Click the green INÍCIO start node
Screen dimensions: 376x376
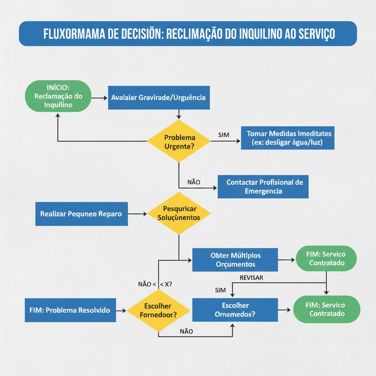58,96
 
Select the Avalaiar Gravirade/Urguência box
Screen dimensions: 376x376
159,98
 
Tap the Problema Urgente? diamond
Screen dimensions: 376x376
179,142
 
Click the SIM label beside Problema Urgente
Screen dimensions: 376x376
224,135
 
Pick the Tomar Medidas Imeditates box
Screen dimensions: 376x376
288,138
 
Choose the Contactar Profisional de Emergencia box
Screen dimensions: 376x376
263,187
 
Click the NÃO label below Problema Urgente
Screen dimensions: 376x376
194,182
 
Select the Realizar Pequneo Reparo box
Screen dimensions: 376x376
81,214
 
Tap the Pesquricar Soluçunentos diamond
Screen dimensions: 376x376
179,213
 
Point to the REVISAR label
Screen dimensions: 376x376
251,278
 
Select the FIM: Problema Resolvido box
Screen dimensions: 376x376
70,310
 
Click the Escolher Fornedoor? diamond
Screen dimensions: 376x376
158,310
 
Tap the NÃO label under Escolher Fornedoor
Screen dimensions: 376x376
187,331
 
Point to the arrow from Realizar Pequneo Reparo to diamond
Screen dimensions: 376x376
137,214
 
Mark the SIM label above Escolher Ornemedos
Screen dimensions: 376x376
220,290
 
